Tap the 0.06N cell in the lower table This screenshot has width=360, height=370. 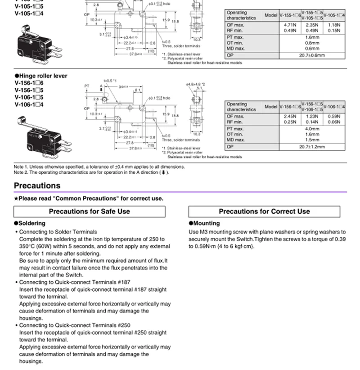point(334,122)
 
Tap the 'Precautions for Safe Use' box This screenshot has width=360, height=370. point(89,211)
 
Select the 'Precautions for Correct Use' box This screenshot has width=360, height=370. point(264,211)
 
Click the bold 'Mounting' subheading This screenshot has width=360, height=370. point(206,223)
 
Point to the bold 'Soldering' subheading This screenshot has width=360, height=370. point(31,223)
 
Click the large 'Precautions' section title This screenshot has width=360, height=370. point(37,185)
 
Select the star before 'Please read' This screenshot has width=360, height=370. point(16,199)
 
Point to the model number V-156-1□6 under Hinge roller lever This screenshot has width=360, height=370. point(29,83)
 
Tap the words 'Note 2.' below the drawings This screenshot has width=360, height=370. point(21,172)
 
